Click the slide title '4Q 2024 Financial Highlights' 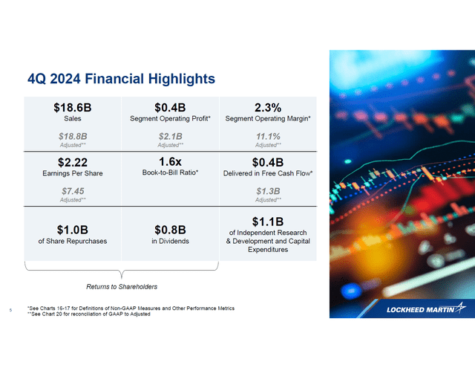coord(121,78)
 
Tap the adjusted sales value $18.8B coord(73,136)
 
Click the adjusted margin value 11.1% coord(267,136)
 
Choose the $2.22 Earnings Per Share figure coord(73,162)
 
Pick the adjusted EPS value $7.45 coord(73,191)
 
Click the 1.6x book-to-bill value coord(171,161)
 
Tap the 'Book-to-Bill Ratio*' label coord(171,173)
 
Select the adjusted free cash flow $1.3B coord(267,191)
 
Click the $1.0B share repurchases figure coord(73,229)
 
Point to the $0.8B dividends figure coord(171,229)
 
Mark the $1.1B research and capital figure coord(267,222)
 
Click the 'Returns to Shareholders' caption coord(122,286)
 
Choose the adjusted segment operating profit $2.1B coord(171,136)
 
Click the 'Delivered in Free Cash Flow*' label coord(267,173)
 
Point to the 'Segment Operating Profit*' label coord(171,118)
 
